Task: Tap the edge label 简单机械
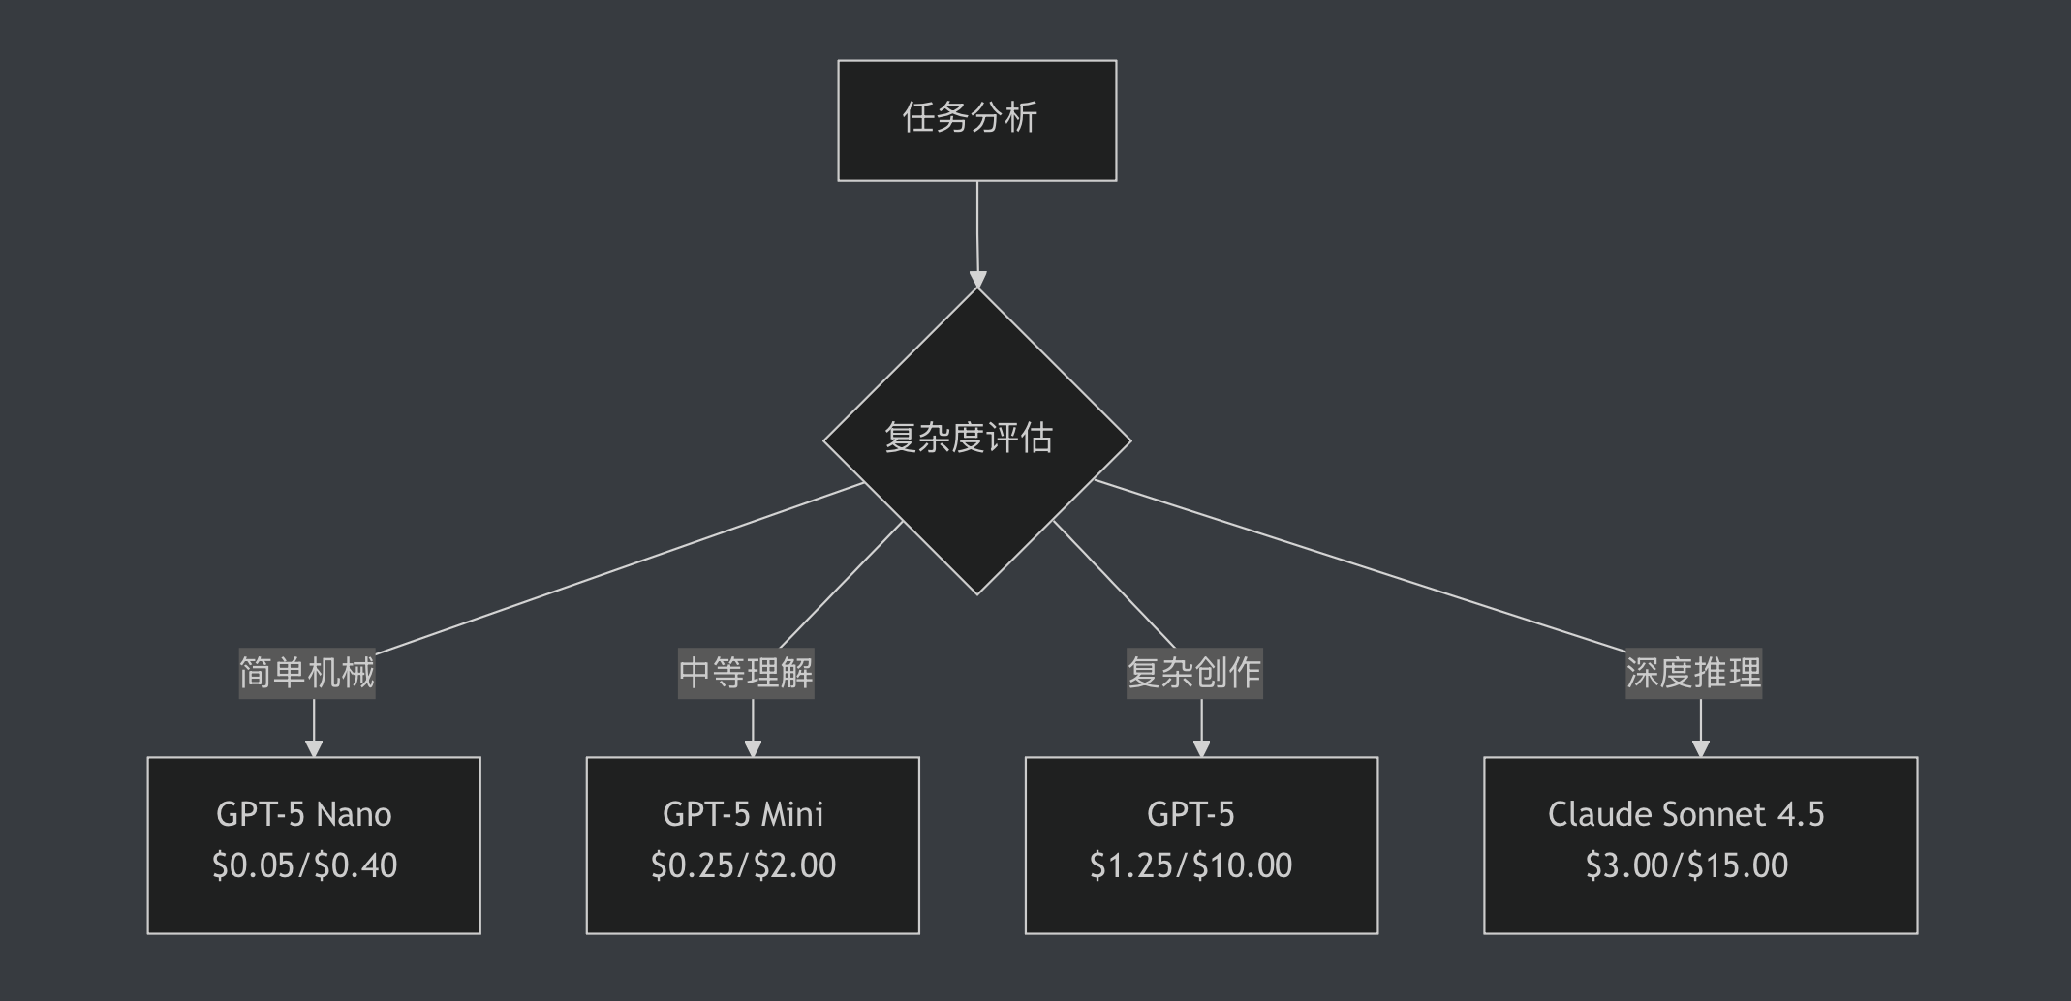(x=307, y=673)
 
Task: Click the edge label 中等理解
(x=746, y=673)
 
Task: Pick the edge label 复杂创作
(x=1194, y=673)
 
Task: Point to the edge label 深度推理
(x=1693, y=673)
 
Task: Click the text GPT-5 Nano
(x=304, y=814)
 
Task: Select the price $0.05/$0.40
(x=304, y=865)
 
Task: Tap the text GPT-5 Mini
(x=743, y=814)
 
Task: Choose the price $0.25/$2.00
(x=743, y=865)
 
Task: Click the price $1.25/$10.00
(x=1190, y=865)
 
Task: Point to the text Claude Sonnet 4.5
(x=1685, y=814)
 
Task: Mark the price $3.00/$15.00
(x=1686, y=865)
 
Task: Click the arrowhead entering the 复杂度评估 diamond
(x=978, y=280)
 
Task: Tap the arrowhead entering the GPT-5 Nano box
(x=314, y=748)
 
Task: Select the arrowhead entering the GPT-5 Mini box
(x=753, y=748)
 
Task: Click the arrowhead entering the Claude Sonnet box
(x=1701, y=748)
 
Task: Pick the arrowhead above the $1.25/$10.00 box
(x=1201, y=748)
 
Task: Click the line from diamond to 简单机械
(x=620, y=568)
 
